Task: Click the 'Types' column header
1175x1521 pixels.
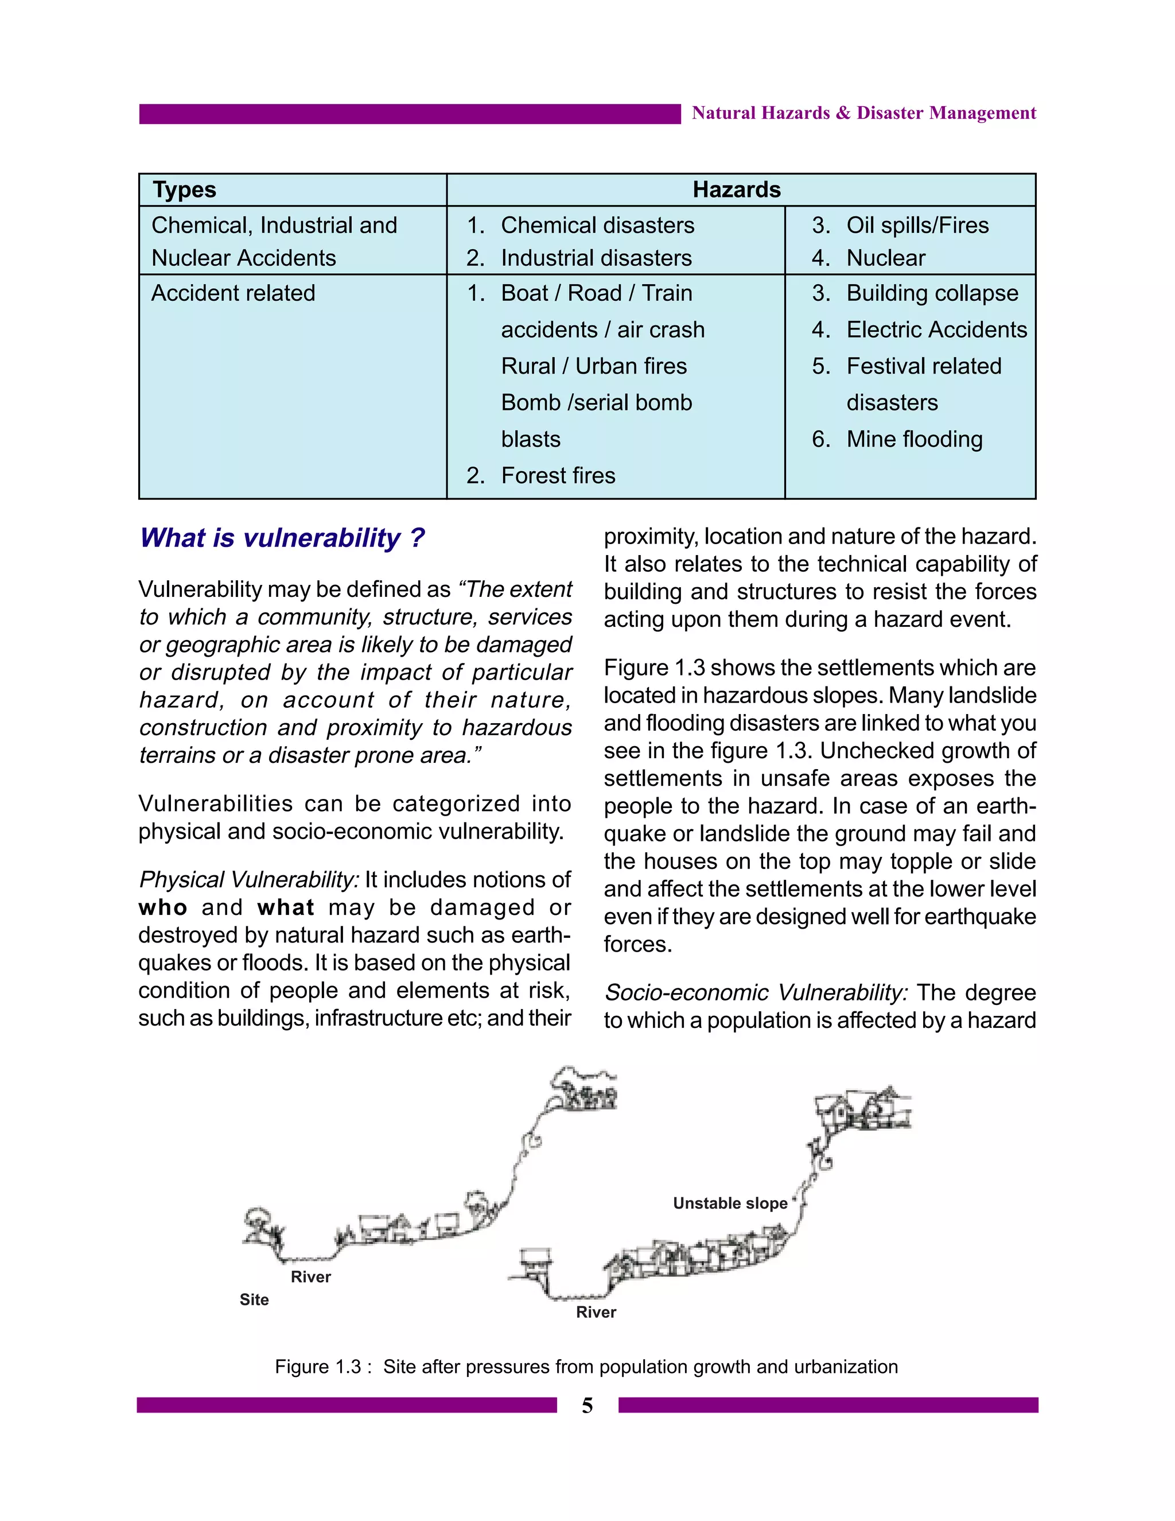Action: tap(185, 190)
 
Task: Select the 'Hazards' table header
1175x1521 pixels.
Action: tap(737, 190)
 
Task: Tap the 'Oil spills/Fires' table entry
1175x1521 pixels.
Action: tap(917, 226)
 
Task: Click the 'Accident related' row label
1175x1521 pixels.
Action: tap(233, 293)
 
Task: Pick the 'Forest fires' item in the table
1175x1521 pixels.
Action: tap(558, 476)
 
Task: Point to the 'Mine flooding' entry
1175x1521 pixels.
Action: tap(914, 440)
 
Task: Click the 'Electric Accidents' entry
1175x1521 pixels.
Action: tap(936, 330)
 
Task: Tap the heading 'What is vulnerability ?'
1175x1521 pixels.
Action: tap(282, 538)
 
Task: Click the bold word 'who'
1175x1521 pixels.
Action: tap(163, 908)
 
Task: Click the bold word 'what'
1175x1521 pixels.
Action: tap(285, 908)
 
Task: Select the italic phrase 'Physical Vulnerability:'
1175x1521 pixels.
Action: tap(248, 880)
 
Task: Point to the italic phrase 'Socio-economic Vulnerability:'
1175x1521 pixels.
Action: tap(755, 992)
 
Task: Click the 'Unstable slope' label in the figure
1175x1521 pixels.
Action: tap(730, 1204)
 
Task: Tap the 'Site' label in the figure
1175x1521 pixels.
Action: tap(254, 1299)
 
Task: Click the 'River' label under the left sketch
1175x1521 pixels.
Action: tap(310, 1276)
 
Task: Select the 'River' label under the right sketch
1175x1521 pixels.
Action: tap(596, 1312)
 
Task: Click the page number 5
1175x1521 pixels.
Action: tap(587, 1406)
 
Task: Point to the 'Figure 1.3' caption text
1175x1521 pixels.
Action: tap(586, 1367)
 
